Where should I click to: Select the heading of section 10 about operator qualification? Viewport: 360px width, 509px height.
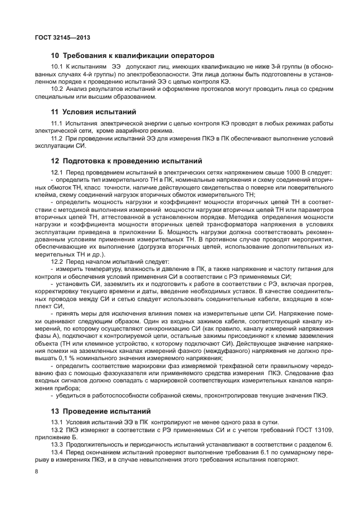point(132,56)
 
